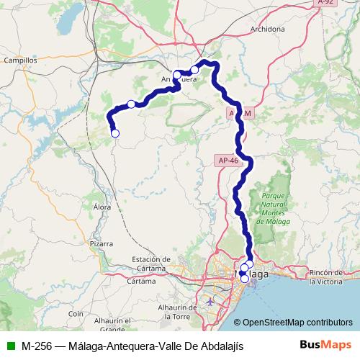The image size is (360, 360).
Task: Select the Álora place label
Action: coord(103,206)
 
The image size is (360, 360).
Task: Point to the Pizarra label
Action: coord(101,244)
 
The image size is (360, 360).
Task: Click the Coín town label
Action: coord(76,314)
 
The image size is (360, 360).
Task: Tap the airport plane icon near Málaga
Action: coord(209,300)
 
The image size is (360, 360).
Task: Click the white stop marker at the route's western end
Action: coord(114,132)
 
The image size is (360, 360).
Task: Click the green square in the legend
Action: coord(10,346)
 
